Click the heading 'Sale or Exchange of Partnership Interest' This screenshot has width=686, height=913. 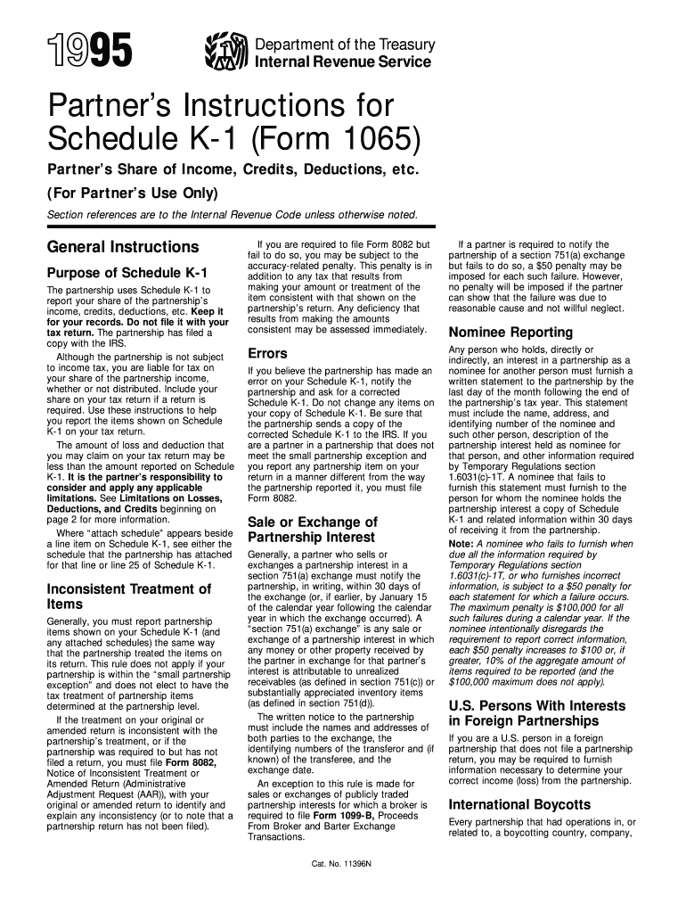click(x=312, y=530)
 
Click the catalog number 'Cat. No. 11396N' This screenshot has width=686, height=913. click(x=342, y=865)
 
